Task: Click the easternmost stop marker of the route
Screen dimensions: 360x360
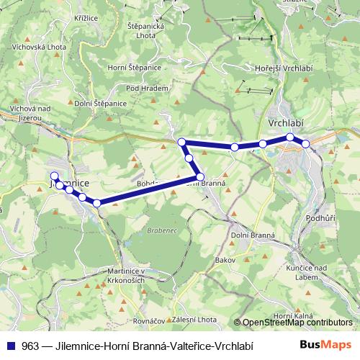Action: click(x=305, y=144)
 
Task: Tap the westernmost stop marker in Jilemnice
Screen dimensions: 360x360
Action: click(x=54, y=176)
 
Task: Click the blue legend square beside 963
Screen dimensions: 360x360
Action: click(x=13, y=346)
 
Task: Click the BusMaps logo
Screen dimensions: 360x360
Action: click(x=326, y=346)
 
